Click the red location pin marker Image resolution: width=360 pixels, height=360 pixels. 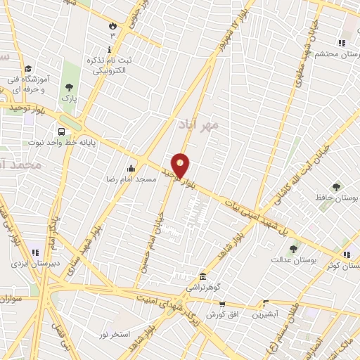coord(181,165)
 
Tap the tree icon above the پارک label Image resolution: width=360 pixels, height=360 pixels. coord(69,88)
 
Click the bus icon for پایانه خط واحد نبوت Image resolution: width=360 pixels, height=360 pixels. coord(63,131)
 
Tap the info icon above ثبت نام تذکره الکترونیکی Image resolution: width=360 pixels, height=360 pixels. coord(109,49)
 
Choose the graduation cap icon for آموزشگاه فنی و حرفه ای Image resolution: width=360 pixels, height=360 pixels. coord(27,69)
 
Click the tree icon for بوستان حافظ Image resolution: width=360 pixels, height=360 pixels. coord(336,186)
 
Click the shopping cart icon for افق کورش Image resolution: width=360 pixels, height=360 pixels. coord(221,304)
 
